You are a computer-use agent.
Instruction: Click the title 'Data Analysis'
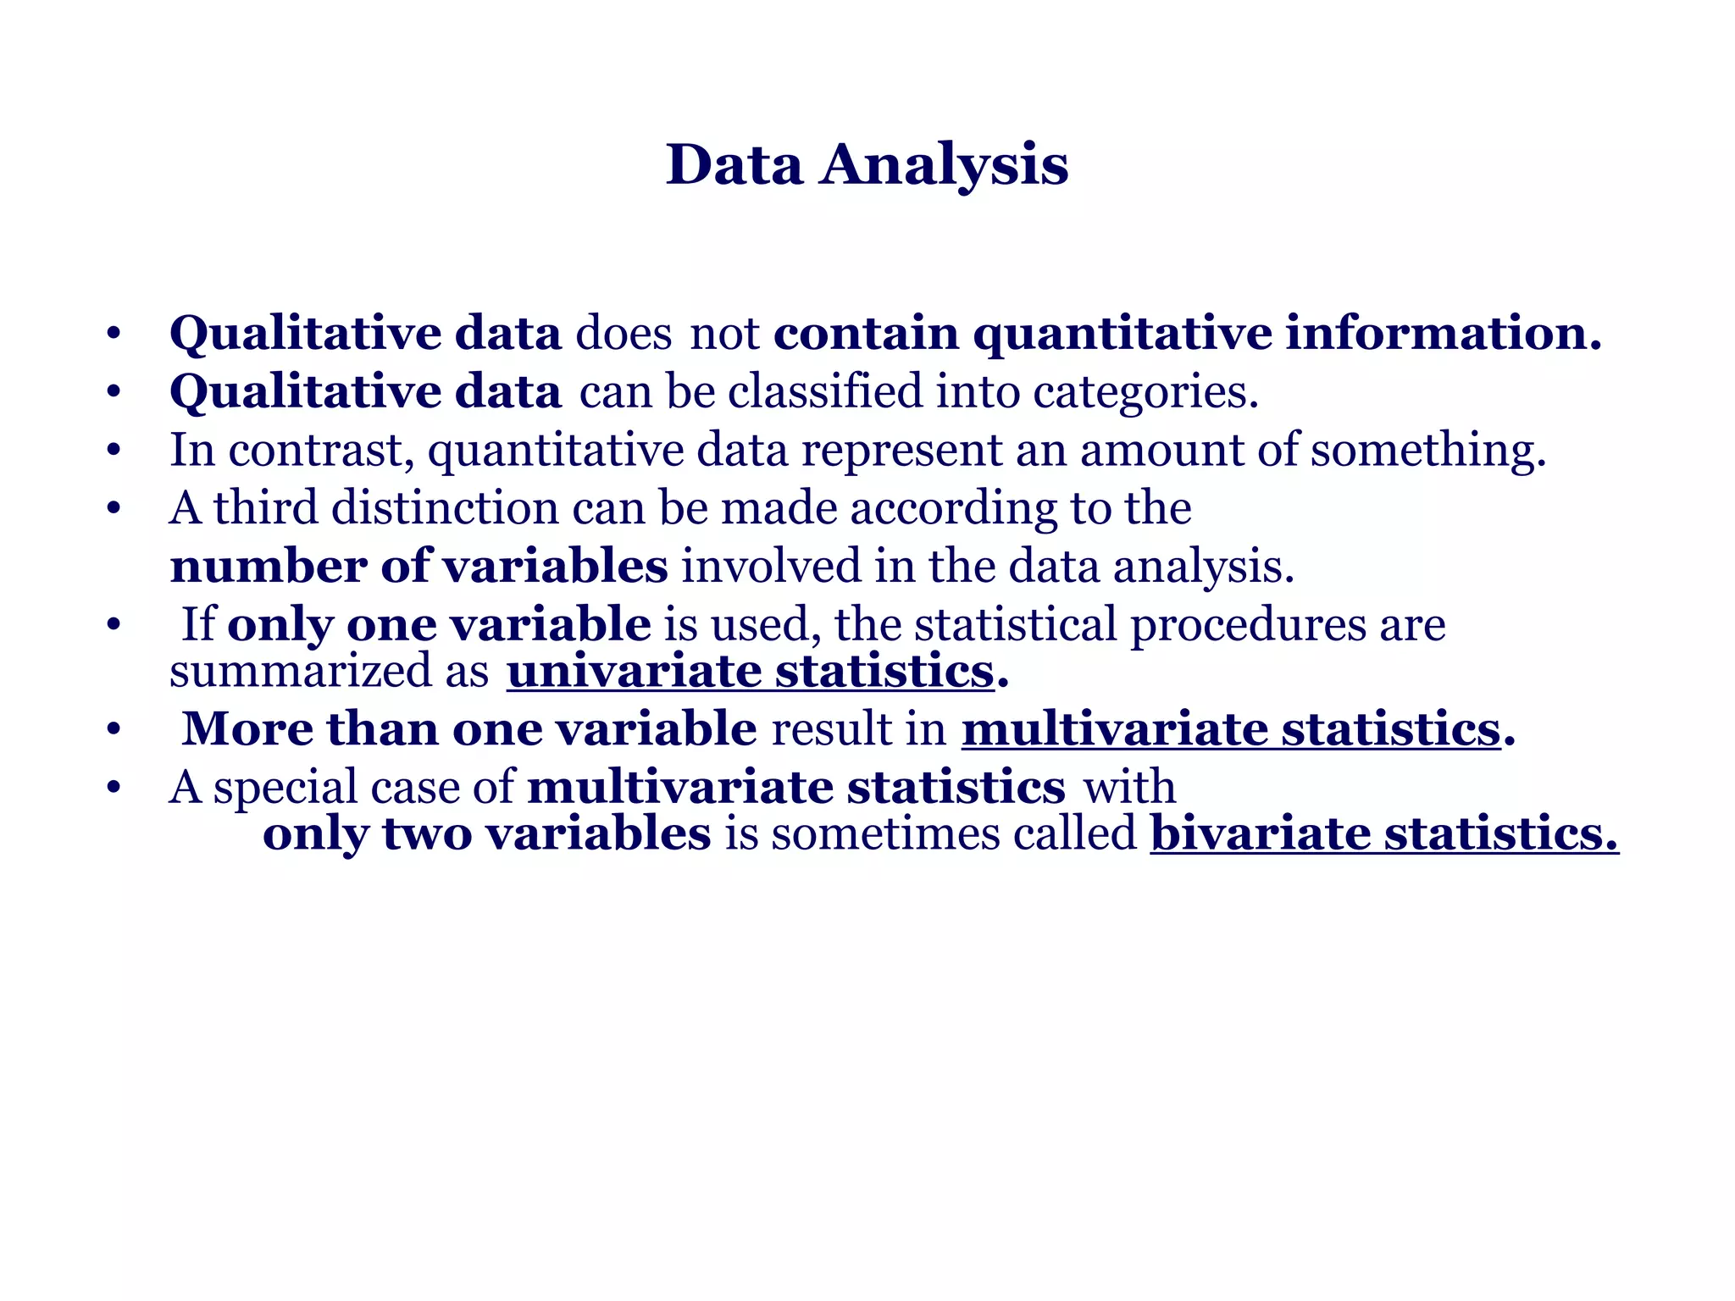point(867,164)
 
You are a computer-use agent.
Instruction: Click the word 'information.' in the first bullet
point(1443,333)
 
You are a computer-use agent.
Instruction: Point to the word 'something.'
point(1428,450)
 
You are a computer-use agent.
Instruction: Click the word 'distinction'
point(444,508)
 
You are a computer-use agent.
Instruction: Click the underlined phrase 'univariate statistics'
point(750,672)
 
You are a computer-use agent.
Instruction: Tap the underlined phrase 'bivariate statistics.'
point(1384,833)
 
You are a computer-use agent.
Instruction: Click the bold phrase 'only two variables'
point(486,833)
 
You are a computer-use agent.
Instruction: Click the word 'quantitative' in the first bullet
point(1122,333)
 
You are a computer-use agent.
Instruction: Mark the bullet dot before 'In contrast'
point(114,451)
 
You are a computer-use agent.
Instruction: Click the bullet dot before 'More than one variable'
point(114,729)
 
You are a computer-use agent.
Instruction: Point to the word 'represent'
point(901,450)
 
